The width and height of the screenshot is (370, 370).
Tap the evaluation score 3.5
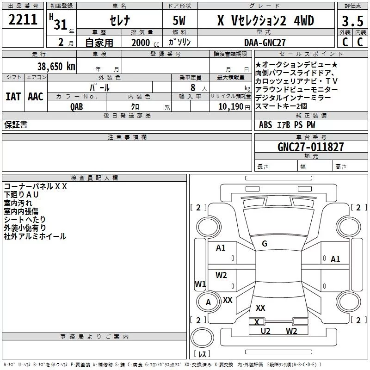(x=352, y=21)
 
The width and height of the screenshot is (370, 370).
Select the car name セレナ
(x=119, y=21)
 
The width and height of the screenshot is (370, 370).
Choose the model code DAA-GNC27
(x=265, y=43)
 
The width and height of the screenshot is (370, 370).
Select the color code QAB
(x=77, y=106)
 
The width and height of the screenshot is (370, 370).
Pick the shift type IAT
(x=13, y=96)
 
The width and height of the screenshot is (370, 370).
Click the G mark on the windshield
(x=264, y=244)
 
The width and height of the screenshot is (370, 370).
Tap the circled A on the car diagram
(x=208, y=302)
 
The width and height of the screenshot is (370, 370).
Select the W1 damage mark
(x=200, y=284)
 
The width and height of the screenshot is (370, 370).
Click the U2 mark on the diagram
(x=265, y=331)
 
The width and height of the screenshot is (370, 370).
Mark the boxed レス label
(x=202, y=354)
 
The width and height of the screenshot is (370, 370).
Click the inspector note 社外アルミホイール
(x=35, y=236)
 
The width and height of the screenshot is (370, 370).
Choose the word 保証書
(x=16, y=124)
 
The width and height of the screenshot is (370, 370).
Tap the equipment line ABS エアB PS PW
(x=287, y=124)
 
